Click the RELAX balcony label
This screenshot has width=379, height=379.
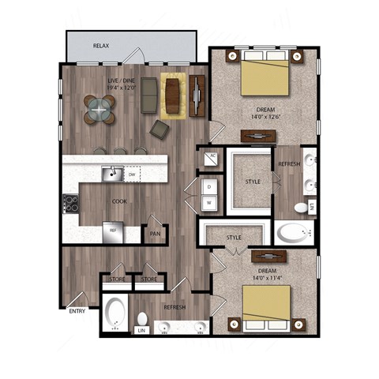pyautogui.click(x=101, y=47)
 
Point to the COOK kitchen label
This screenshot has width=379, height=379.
pyautogui.click(x=120, y=201)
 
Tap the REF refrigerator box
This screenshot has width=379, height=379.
pyautogui.click(x=113, y=231)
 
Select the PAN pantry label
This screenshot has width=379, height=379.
pyautogui.click(x=156, y=234)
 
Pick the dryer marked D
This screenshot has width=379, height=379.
pyautogui.click(x=208, y=187)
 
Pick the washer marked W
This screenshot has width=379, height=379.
pyautogui.click(x=208, y=203)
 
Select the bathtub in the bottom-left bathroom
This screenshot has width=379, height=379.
pyautogui.click(x=114, y=314)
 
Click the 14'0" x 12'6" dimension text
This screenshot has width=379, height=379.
pyautogui.click(x=265, y=118)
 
